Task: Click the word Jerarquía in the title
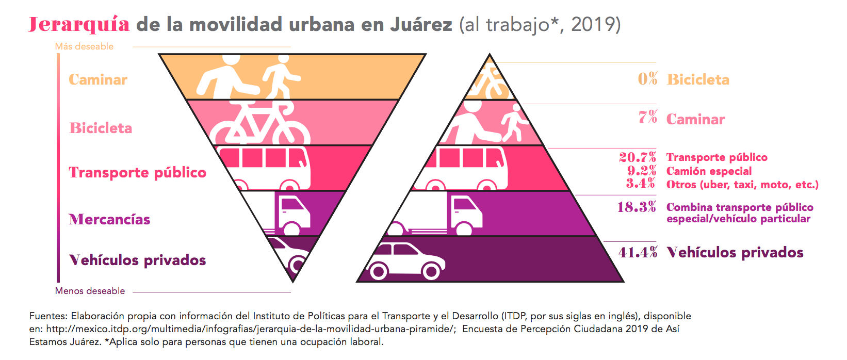coord(78,24)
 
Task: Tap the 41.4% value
coord(638,252)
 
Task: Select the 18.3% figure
coord(637,207)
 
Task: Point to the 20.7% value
coord(638,157)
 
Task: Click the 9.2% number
coord(642,171)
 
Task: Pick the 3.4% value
coord(641,184)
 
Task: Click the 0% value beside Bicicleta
coord(647,79)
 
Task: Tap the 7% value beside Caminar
coord(648,118)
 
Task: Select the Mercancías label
coord(109,220)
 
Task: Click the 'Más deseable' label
coord(84,46)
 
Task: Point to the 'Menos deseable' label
coord(90,291)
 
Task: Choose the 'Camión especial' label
coord(709,171)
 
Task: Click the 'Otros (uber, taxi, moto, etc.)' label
coord(742,185)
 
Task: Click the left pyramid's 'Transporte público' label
coord(137,172)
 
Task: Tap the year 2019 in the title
coord(592,24)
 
